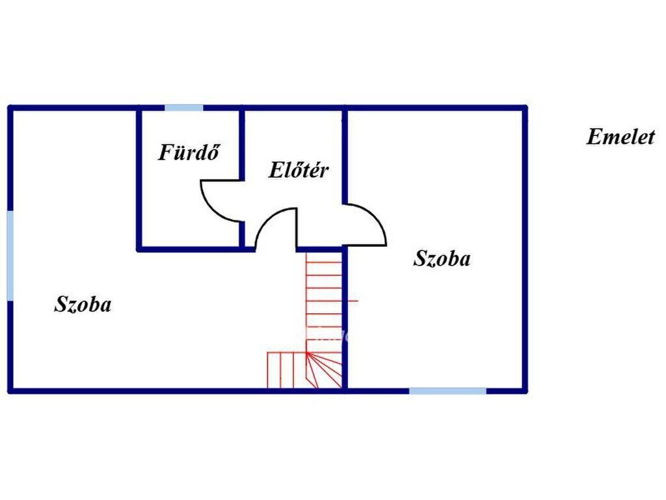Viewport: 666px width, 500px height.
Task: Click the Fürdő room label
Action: pos(189,152)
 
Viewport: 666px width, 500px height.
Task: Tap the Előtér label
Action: pos(299,170)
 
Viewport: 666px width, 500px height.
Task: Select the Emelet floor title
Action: pos(620,137)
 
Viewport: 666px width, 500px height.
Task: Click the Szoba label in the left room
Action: pos(83,304)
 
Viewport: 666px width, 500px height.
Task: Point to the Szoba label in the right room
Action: pos(442,258)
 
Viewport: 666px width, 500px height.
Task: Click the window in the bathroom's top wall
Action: pos(183,108)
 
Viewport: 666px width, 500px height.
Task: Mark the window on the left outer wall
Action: pos(10,255)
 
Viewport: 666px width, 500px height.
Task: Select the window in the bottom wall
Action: pos(447,391)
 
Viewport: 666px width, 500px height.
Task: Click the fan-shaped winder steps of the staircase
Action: pos(325,370)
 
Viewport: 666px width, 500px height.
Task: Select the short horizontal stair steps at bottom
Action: pos(287,370)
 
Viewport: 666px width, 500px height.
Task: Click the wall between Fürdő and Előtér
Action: pos(242,178)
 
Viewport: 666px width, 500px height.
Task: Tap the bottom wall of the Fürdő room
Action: pos(195,249)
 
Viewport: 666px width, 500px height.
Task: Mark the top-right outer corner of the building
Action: pos(526,107)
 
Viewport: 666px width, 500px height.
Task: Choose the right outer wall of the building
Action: pos(525,249)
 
